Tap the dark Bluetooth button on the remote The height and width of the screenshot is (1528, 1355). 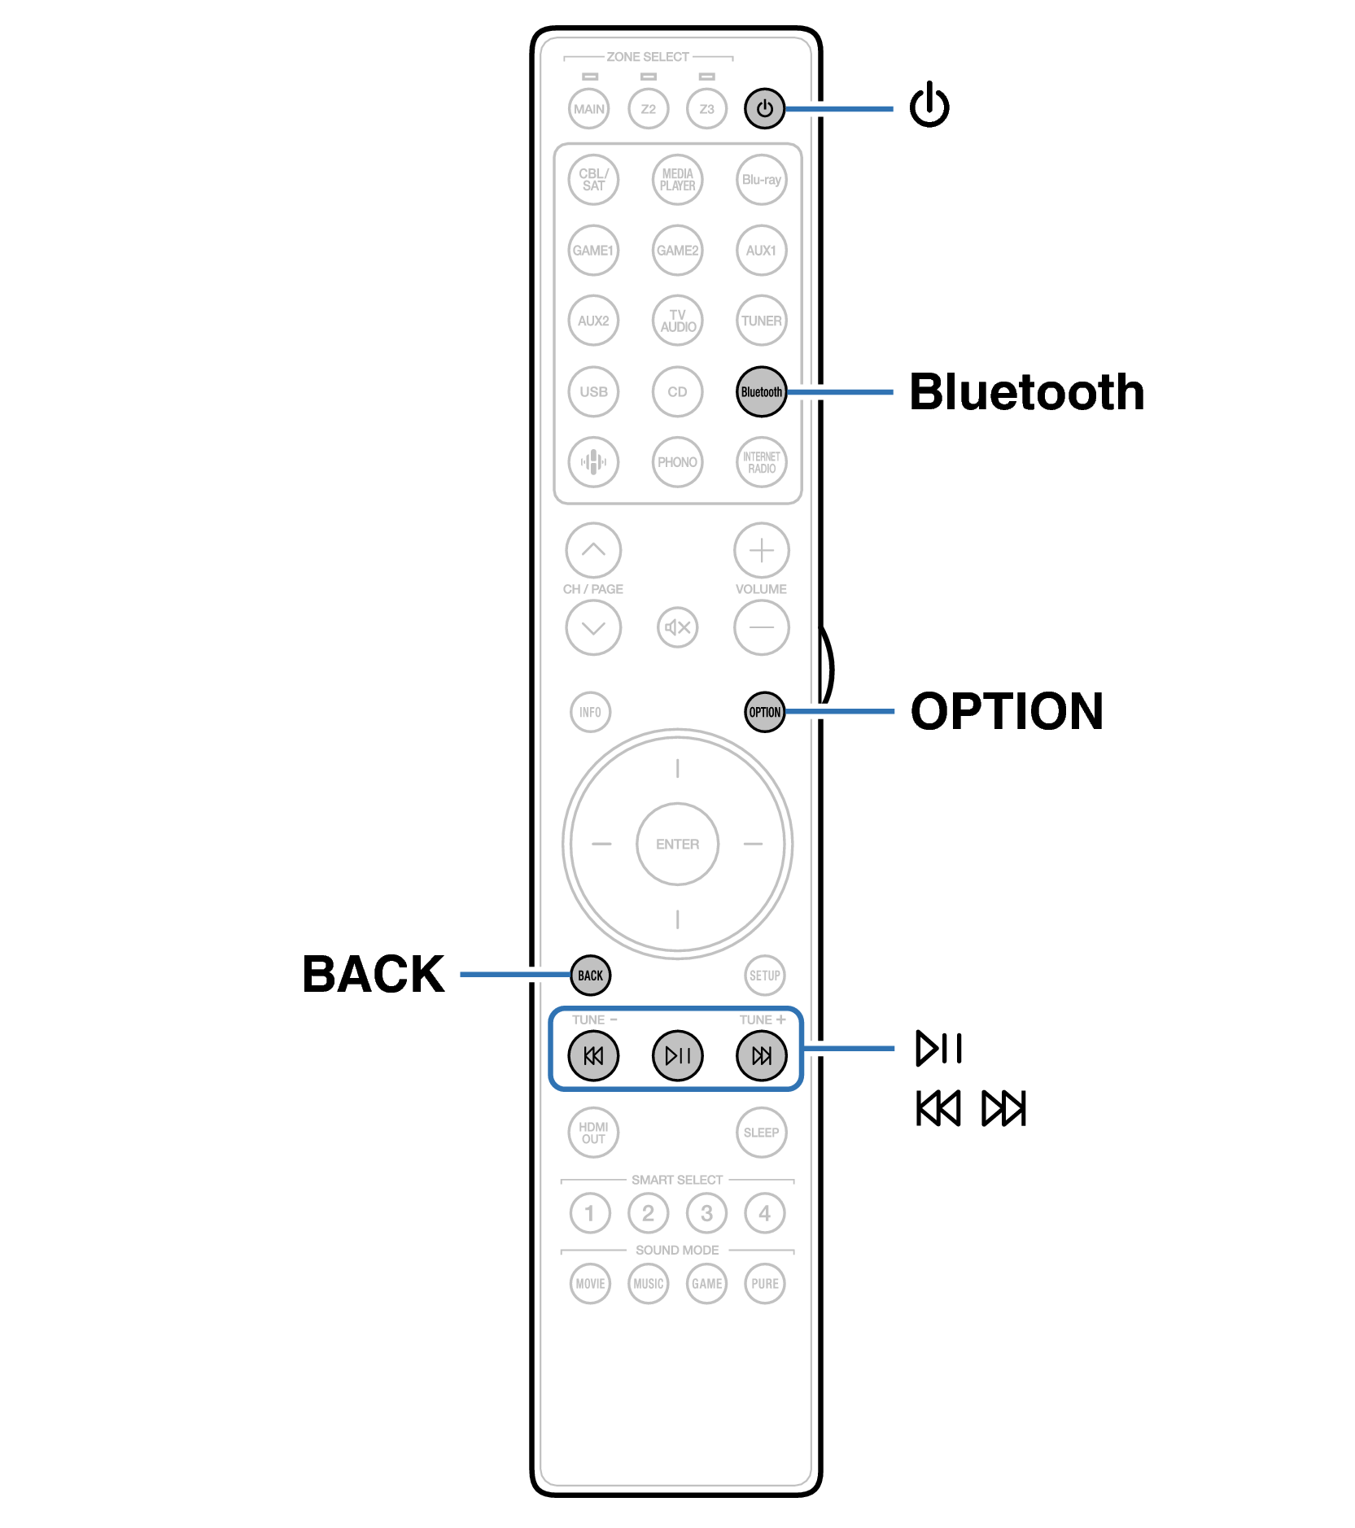tap(761, 391)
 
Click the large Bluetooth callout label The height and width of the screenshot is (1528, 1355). tap(1026, 392)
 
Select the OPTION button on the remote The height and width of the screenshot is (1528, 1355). tap(764, 712)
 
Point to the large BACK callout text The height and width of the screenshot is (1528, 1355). tap(373, 974)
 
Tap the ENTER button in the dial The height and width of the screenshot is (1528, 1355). tap(677, 844)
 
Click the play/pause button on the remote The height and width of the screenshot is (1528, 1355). tap(677, 1055)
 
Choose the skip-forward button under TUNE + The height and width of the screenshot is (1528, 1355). tap(761, 1055)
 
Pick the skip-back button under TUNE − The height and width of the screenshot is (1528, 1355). tap(593, 1055)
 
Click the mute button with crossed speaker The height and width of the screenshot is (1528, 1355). tap(677, 627)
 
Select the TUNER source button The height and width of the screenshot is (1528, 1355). tap(761, 321)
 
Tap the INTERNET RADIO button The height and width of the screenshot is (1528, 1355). tap(761, 462)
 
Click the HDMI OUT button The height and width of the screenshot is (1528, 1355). tap(593, 1132)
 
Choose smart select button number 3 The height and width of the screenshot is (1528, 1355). tap(706, 1213)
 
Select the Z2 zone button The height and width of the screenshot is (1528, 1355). tap(648, 108)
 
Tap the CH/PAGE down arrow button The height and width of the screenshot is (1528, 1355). tap(593, 627)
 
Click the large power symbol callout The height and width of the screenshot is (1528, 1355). tap(929, 106)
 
